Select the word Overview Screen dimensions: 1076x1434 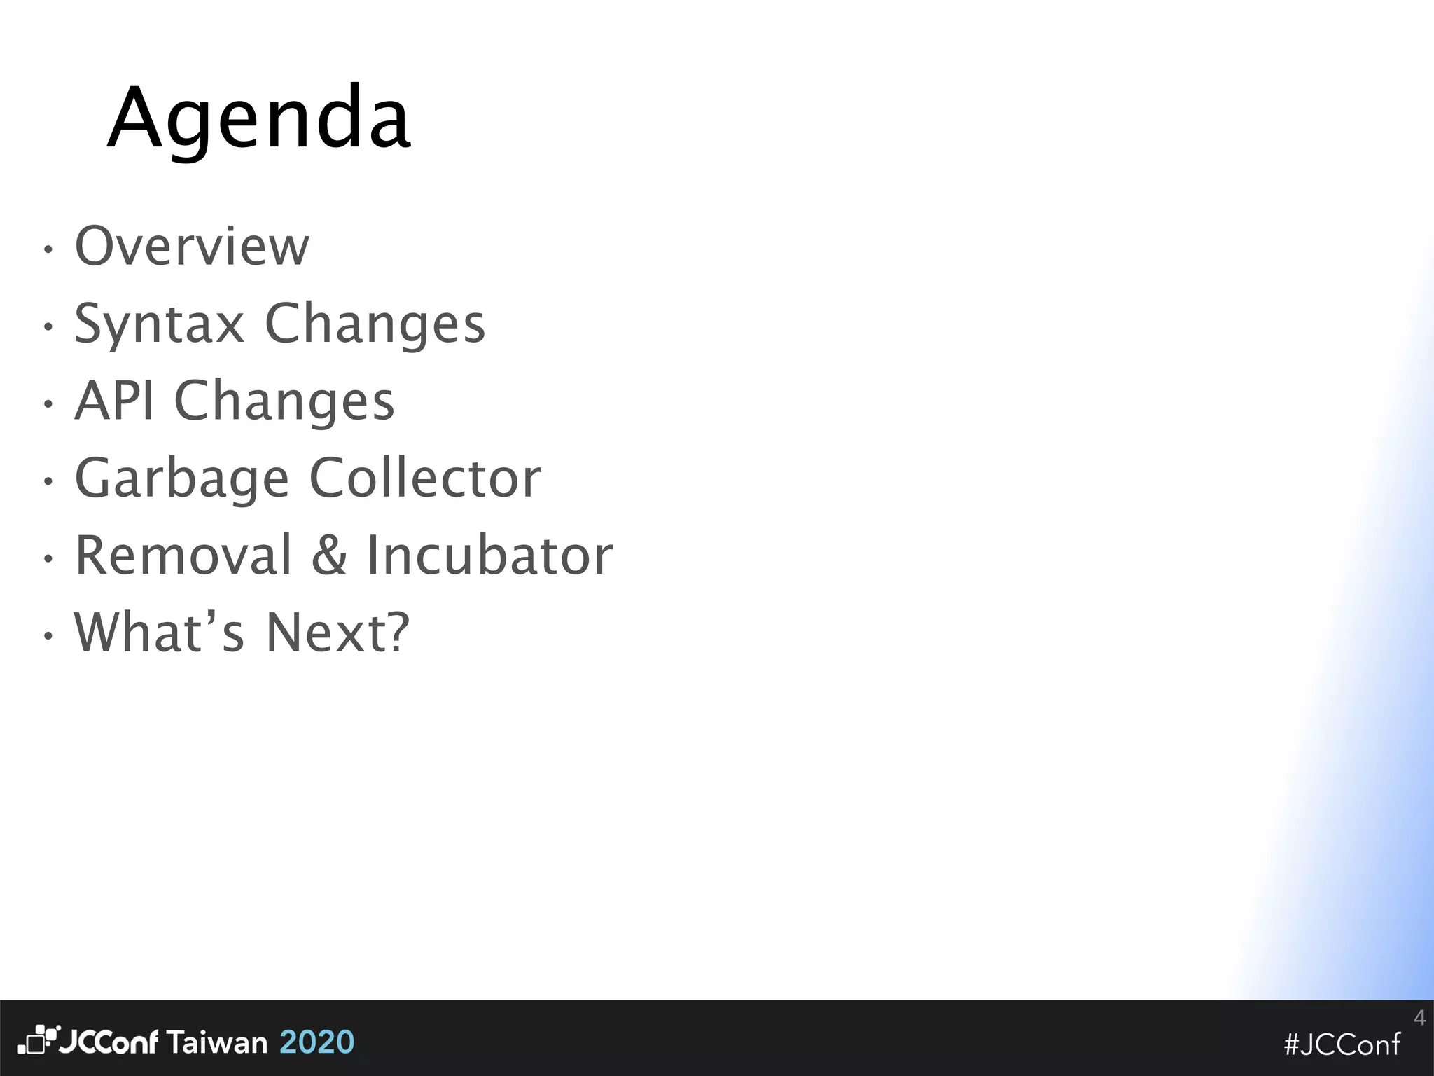(192, 246)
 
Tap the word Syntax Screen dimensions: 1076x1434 (159, 324)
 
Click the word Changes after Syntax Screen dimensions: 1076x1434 (375, 324)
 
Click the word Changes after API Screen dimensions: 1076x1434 (284, 401)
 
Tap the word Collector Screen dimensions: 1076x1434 (425, 478)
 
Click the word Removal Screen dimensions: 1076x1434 (183, 556)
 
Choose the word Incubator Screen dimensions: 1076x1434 (489, 556)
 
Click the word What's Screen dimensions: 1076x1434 (159, 633)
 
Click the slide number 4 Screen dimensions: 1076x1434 (1419, 1017)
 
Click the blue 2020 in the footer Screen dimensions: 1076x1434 (317, 1042)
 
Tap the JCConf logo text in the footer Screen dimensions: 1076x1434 (109, 1042)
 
